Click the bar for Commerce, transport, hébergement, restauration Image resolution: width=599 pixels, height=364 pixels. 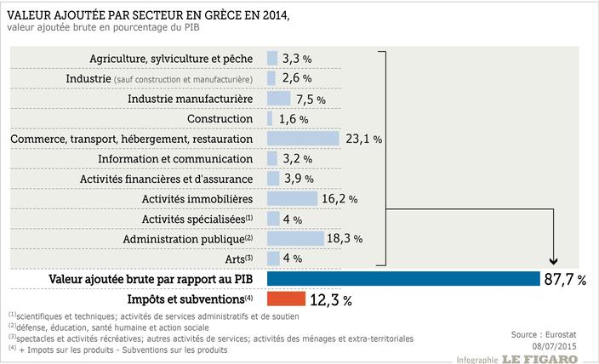click(304, 138)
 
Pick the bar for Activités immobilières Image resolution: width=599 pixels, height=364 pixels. click(293, 198)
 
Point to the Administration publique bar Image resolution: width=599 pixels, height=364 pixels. click(295, 238)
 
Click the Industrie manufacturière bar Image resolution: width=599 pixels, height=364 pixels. click(278, 99)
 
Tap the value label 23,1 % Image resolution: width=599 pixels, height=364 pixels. click(362, 139)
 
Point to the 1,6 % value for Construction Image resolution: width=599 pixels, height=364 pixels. click(292, 119)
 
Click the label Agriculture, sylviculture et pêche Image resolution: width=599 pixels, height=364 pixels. click(171, 59)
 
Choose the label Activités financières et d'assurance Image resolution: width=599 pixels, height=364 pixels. click(166, 179)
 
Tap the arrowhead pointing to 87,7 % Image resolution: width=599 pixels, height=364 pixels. click(555, 263)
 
